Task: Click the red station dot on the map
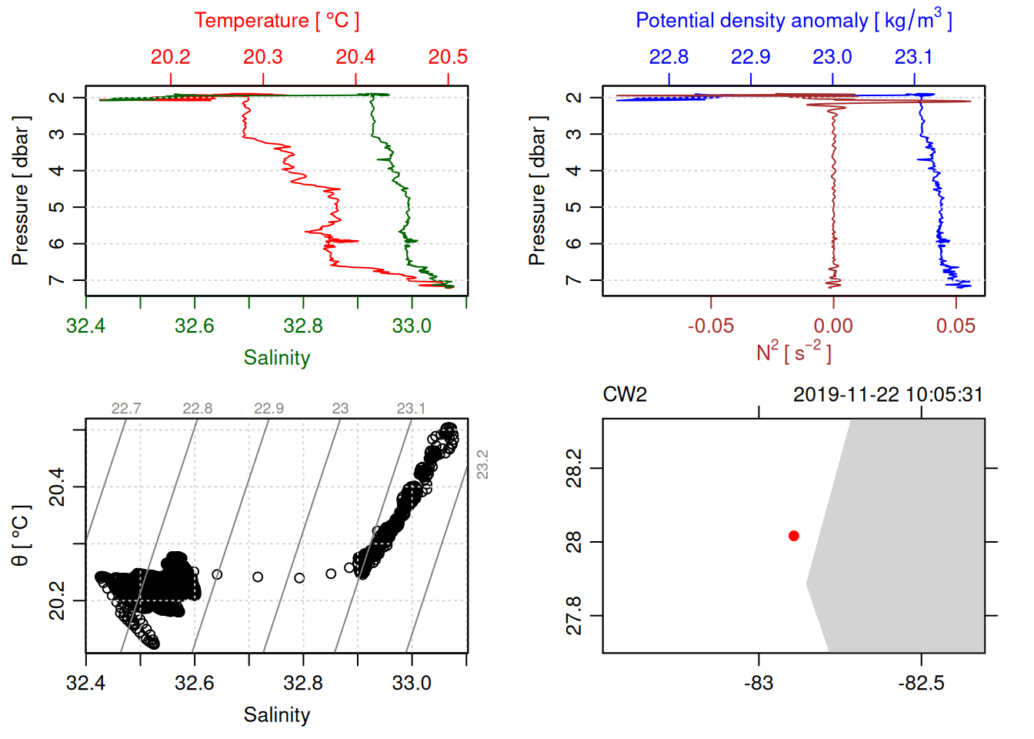[x=794, y=536]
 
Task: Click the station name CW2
[x=625, y=395]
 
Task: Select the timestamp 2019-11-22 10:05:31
[x=888, y=395]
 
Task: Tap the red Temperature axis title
[x=277, y=21]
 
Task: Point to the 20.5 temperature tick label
[x=448, y=57]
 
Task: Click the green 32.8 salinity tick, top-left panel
[x=303, y=326]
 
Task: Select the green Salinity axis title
[x=277, y=358]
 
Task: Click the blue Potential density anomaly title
[x=794, y=21]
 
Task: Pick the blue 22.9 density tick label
[x=750, y=57]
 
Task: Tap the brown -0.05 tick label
[x=710, y=326]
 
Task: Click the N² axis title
[x=794, y=353]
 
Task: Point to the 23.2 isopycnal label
[x=482, y=465]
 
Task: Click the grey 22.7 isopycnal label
[x=126, y=409]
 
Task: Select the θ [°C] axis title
[x=21, y=536]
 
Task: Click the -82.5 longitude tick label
[x=921, y=683]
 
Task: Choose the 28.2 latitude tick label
[x=574, y=469]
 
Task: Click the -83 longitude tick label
[x=759, y=683]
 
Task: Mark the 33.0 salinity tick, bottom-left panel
[x=412, y=683]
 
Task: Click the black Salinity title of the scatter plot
[x=277, y=715]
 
